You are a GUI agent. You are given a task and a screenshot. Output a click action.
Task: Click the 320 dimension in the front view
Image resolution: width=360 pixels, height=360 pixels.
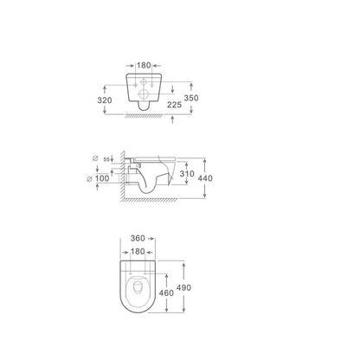click(x=105, y=100)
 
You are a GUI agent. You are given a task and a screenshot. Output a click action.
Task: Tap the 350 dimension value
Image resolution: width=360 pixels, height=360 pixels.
click(x=191, y=98)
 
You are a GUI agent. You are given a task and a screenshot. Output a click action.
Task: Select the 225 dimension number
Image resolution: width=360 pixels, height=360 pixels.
click(x=175, y=105)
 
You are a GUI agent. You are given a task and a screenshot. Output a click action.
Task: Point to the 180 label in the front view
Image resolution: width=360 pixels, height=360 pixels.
click(x=144, y=66)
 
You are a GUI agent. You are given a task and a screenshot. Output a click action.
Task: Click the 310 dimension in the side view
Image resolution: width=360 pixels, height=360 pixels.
click(x=187, y=174)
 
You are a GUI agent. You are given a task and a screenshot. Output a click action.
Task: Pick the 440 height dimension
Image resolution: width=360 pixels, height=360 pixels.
click(x=205, y=178)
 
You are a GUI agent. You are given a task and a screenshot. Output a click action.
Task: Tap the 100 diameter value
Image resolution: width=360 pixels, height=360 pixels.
click(x=102, y=178)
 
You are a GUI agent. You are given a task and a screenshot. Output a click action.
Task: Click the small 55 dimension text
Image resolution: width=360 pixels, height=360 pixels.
click(x=106, y=159)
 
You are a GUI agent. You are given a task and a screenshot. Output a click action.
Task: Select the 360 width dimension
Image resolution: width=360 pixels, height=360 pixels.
click(x=138, y=238)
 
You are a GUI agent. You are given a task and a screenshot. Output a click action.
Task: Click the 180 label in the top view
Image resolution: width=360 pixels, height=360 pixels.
click(x=138, y=252)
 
